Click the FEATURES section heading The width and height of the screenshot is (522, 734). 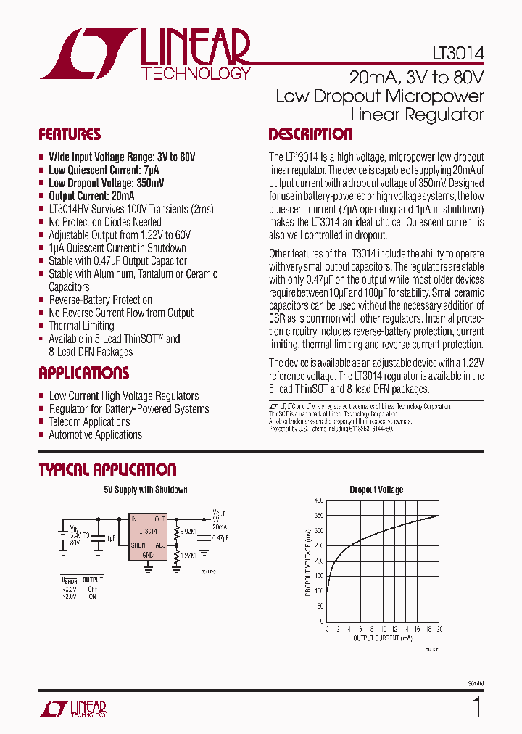pos(70,134)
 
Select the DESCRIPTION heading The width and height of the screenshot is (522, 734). pos(310,134)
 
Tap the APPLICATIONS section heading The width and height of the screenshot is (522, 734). pos(83,374)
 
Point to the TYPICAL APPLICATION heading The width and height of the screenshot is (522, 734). pos(107,469)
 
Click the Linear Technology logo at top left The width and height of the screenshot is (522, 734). pos(145,54)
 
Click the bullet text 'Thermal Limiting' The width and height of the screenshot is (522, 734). pos(81,326)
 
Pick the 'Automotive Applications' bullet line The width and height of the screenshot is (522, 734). pos(95,434)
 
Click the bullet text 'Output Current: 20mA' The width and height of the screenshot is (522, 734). pos(91,196)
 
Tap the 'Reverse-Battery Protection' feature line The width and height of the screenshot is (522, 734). pos(100,300)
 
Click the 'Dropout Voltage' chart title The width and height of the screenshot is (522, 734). pos(376,490)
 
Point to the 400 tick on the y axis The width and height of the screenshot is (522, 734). pos(319,500)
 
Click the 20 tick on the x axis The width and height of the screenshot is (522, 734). pos(439,628)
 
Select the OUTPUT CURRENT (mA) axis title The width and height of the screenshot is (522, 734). pos(383,638)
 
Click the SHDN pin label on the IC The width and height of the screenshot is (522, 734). pos(138,545)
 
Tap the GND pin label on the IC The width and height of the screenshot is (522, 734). pos(147,554)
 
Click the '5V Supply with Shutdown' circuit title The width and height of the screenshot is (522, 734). pos(145,490)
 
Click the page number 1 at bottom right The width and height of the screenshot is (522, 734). pos(476,706)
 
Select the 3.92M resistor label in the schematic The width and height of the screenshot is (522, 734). pos(187,531)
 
